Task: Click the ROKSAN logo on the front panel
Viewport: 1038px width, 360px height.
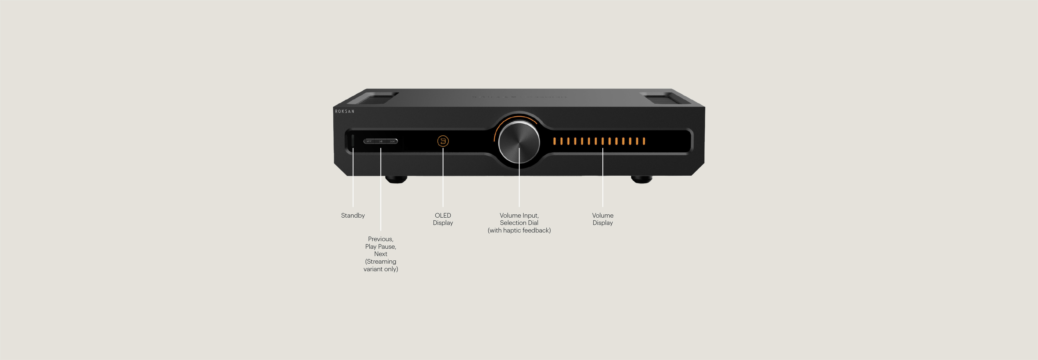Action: pyautogui.click(x=344, y=111)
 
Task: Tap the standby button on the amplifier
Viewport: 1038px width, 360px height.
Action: pyautogui.click(x=353, y=141)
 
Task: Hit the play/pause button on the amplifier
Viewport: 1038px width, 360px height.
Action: pyautogui.click(x=381, y=141)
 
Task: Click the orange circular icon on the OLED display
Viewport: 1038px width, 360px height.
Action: pyautogui.click(x=443, y=141)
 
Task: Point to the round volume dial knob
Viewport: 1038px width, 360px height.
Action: pyautogui.click(x=519, y=142)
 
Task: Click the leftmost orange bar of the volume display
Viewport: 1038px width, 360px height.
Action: pyautogui.click(x=554, y=141)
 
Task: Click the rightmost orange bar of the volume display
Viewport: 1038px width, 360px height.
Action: pyautogui.click(x=644, y=141)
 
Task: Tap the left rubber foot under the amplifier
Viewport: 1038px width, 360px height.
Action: pyautogui.click(x=396, y=179)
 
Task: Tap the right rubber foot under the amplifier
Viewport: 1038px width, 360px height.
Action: pyautogui.click(x=642, y=179)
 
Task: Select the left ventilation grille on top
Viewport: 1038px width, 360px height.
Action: pyautogui.click(x=373, y=98)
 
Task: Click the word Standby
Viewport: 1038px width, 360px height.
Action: pyautogui.click(x=353, y=215)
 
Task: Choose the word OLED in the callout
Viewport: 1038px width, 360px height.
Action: pyautogui.click(x=443, y=215)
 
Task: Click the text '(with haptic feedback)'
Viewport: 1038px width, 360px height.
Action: pyautogui.click(x=519, y=230)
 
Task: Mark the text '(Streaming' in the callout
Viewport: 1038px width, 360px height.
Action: pyautogui.click(x=381, y=261)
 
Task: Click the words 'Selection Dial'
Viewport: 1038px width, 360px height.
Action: pyautogui.click(x=519, y=222)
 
